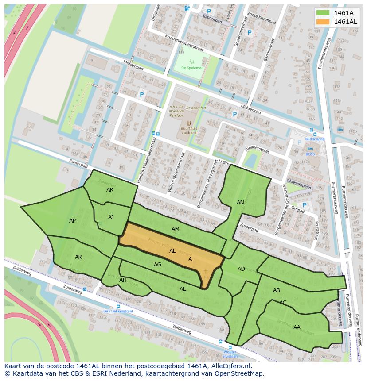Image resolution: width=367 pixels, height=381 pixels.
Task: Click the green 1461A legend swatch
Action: tap(323, 13)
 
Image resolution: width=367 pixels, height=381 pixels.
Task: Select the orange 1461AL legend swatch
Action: tap(323, 22)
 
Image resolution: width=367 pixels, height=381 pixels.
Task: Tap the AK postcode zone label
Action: tap(110, 190)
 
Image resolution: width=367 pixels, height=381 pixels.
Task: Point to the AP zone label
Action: tap(72, 220)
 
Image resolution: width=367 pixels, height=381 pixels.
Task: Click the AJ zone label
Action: tap(111, 217)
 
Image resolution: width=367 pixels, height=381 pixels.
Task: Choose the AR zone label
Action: tap(78, 257)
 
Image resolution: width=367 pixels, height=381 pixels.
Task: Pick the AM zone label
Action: tap(176, 229)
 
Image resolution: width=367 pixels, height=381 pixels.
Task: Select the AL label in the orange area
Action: tap(172, 250)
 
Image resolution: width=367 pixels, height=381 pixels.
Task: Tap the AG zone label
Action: tap(157, 264)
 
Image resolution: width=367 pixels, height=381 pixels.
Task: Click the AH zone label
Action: tap(123, 280)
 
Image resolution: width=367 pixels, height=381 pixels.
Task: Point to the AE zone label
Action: tap(183, 289)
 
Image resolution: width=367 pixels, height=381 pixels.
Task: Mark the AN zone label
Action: tap(240, 202)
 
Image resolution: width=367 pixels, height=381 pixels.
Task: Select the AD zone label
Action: tap(241, 269)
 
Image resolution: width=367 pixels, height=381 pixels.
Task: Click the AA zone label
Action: tap(297, 327)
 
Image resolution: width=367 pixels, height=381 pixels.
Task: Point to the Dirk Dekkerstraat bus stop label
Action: tap(118, 311)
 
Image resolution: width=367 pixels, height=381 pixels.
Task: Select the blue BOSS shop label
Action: tap(310, 154)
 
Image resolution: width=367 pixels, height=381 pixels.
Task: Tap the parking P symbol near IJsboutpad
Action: tap(209, 12)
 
